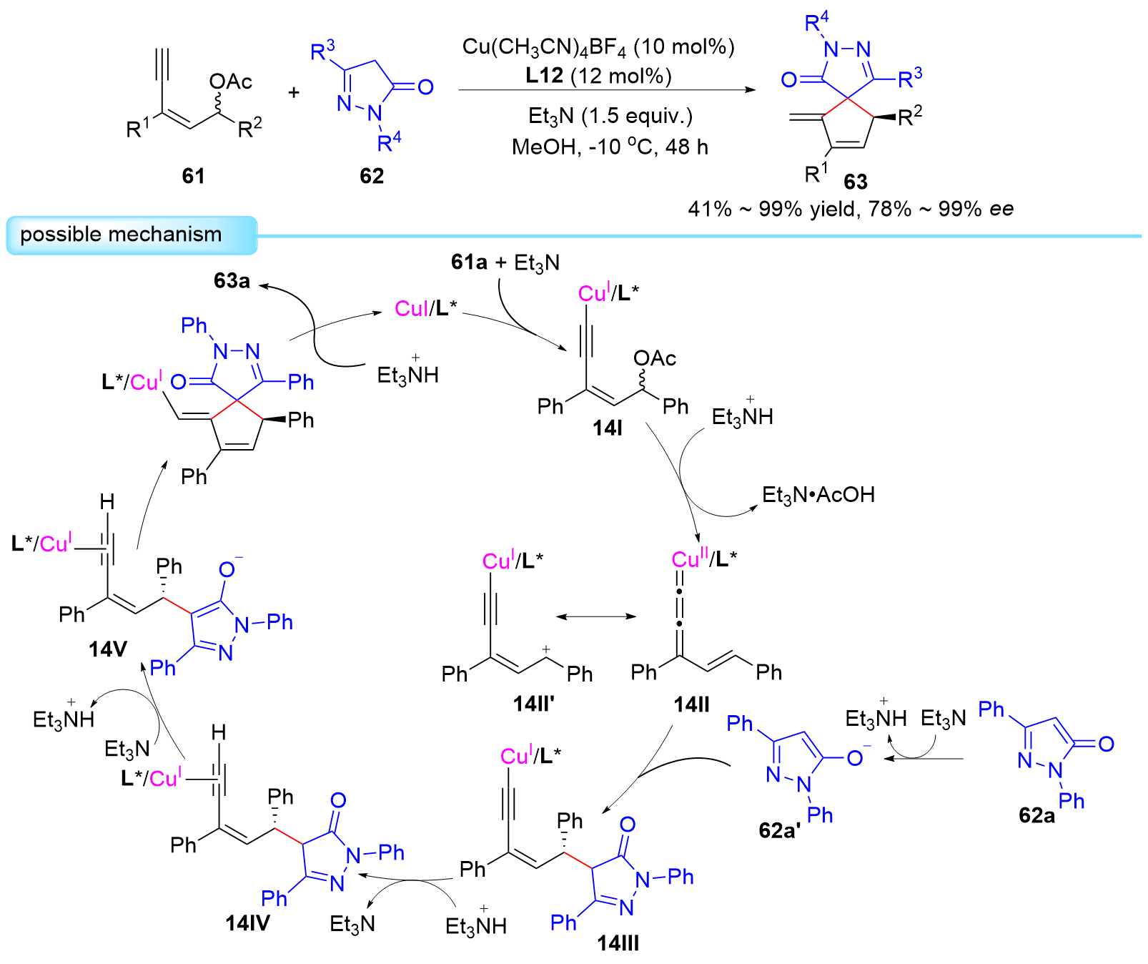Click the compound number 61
tap(193, 175)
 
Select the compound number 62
tap(372, 176)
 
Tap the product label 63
tap(855, 182)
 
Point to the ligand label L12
tap(545, 76)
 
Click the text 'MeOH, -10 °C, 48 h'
tap(610, 147)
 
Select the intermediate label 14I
tap(608, 428)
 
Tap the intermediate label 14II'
tap(534, 704)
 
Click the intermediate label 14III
tap(618, 943)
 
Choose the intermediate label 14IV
tap(248, 923)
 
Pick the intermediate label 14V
tap(108, 649)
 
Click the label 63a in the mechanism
tap(232, 280)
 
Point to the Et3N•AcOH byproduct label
tap(818, 495)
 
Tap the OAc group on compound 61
tap(231, 82)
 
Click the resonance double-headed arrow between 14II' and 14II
tap(596, 616)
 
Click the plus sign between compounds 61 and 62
tap(294, 92)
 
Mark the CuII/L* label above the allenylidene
tap(704, 559)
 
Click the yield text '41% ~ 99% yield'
tap(770, 209)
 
